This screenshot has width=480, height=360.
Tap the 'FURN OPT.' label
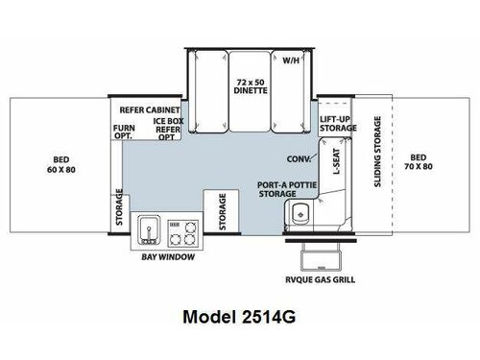pos(124,132)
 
